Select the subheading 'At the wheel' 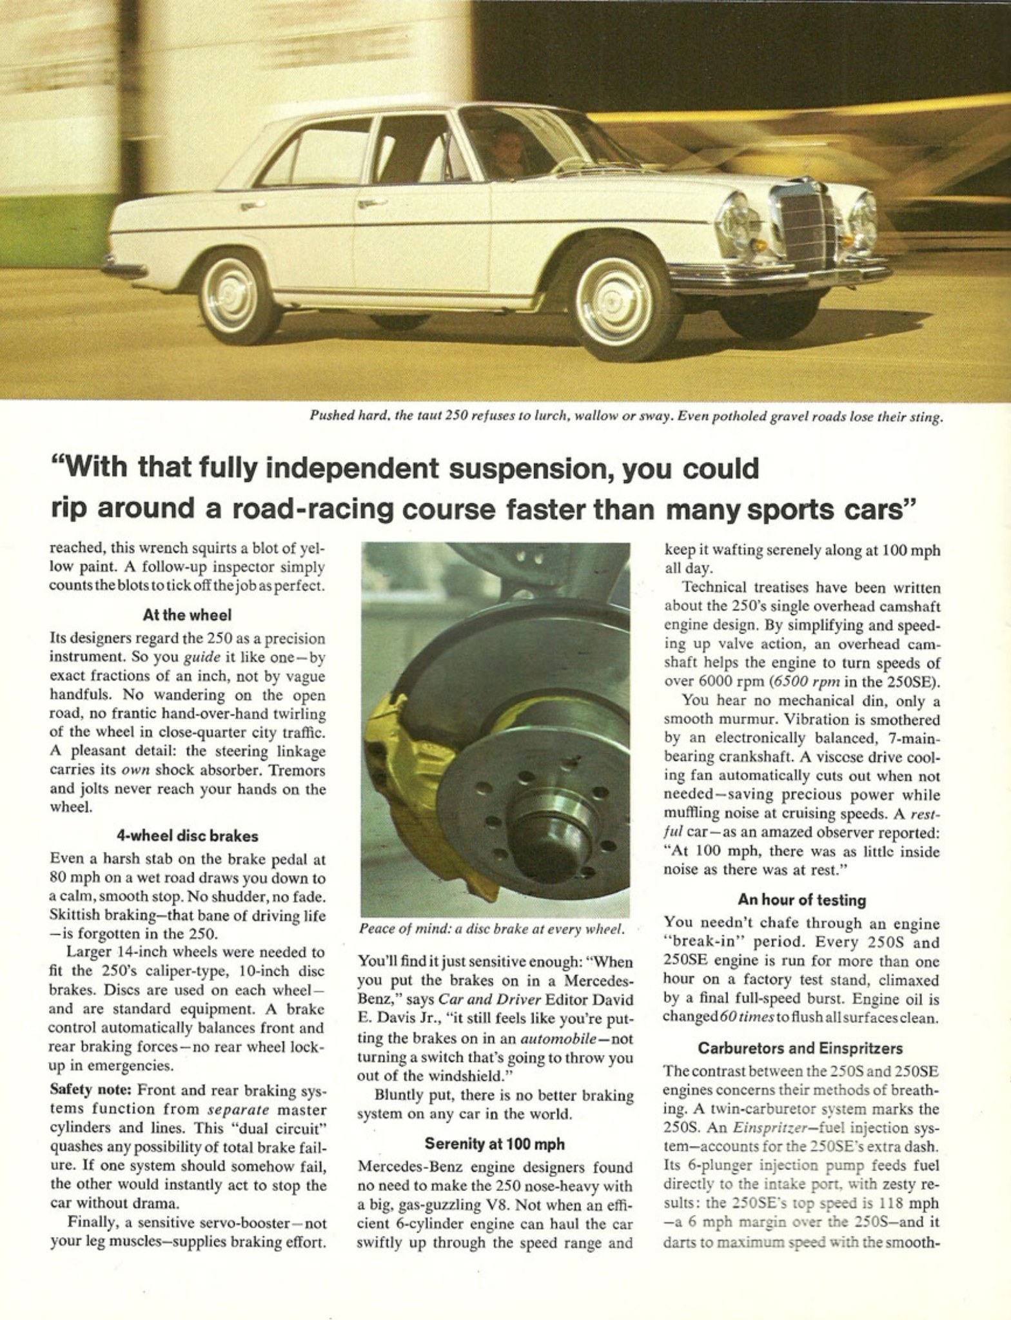point(187,615)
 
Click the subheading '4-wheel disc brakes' point(187,836)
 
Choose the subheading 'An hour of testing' point(801,900)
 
